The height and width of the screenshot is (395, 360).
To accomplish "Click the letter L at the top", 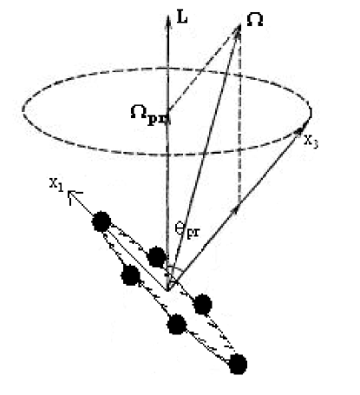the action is coord(180,16).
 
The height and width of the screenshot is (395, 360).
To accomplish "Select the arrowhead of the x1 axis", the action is coord(76,196).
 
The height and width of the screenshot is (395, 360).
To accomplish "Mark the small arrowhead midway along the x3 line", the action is coord(237,207).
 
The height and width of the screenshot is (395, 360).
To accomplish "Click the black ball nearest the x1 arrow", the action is coord(101,221).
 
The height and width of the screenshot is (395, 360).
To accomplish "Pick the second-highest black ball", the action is coord(156,257).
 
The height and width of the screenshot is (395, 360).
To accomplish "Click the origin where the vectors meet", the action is coord(170,286).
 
